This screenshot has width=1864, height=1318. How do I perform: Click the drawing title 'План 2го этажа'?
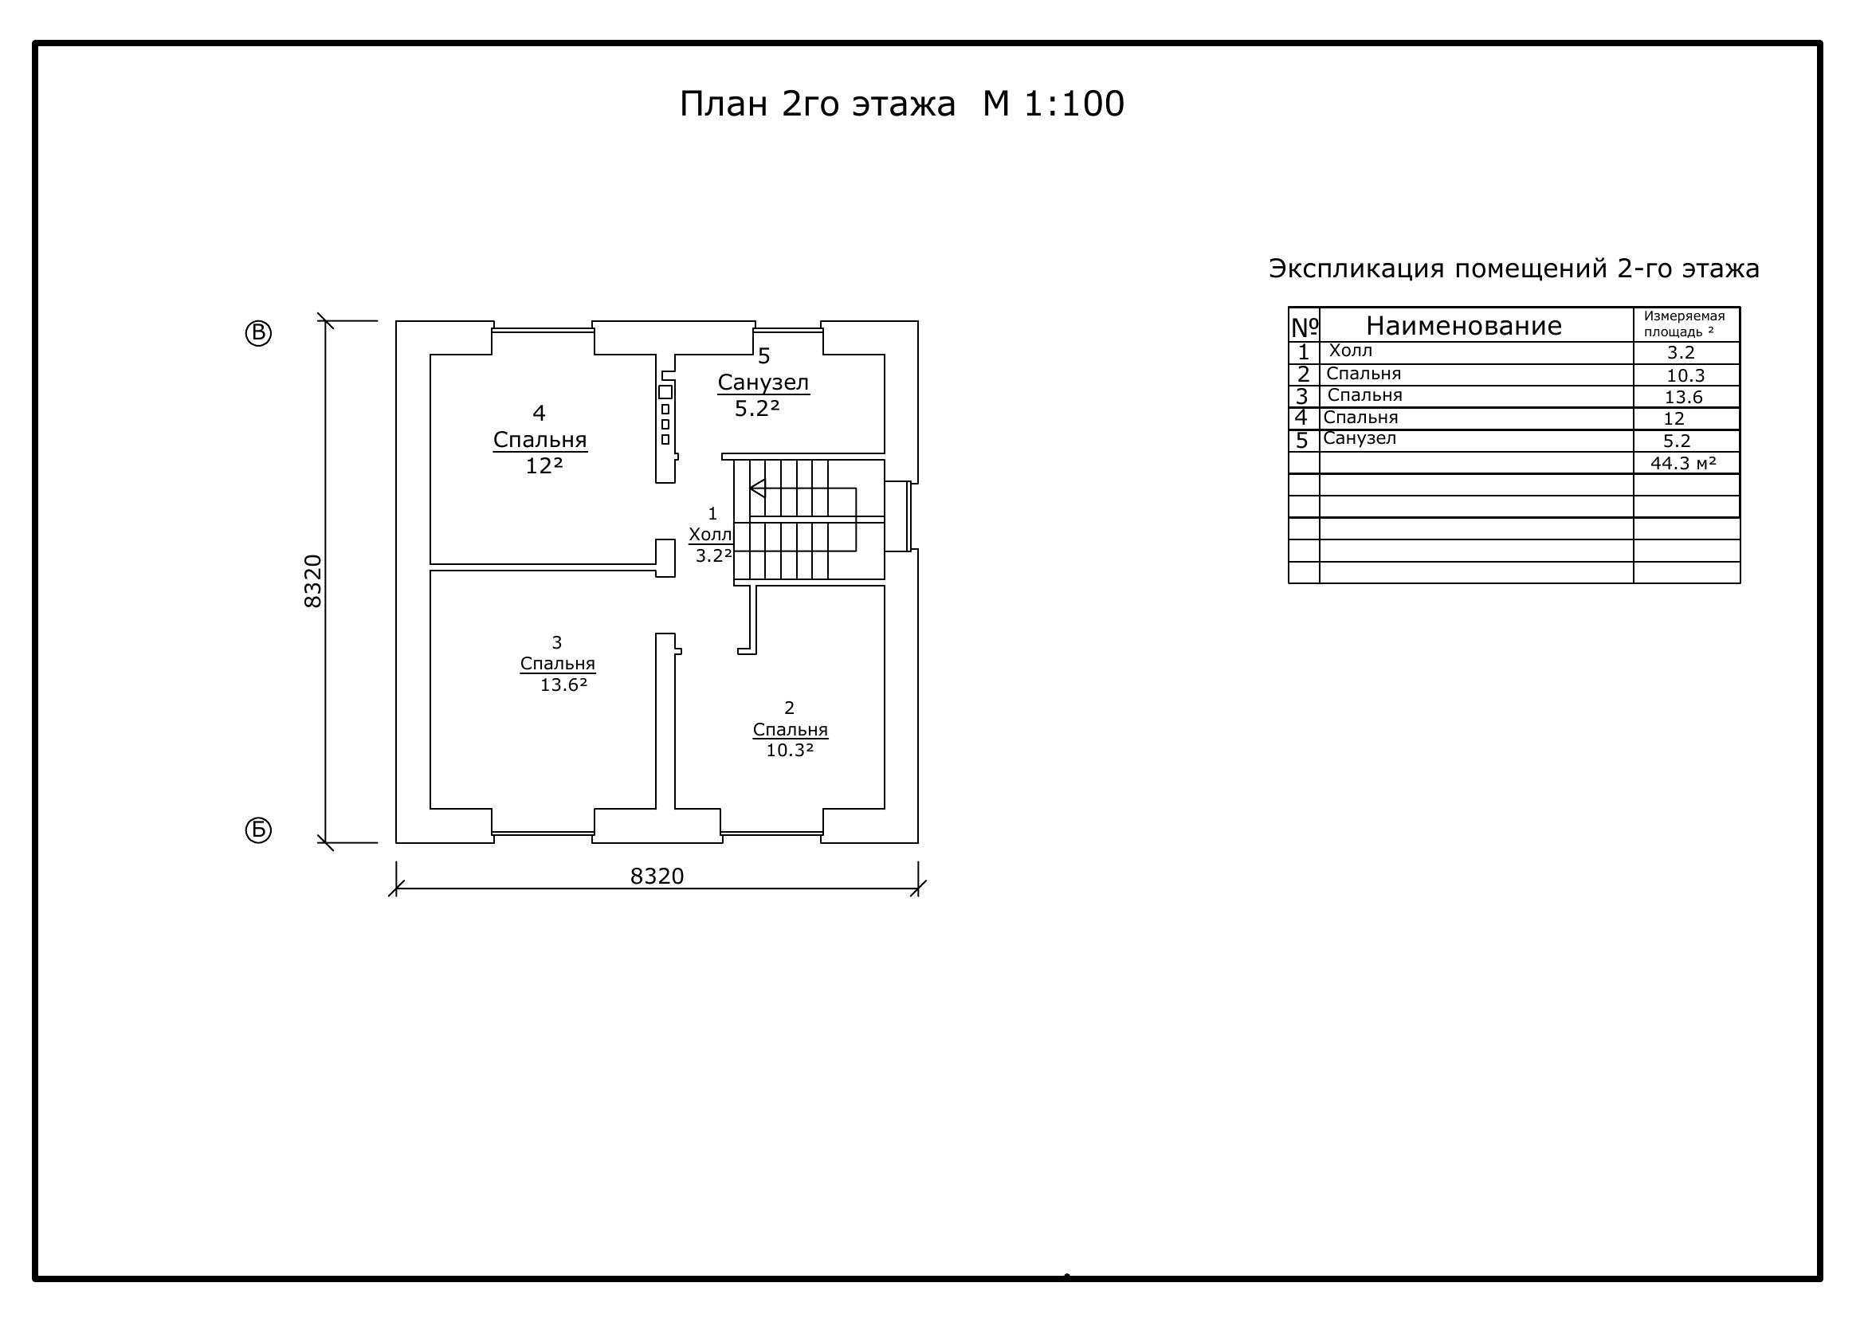tap(817, 104)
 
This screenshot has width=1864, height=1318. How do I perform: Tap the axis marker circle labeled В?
tap(258, 334)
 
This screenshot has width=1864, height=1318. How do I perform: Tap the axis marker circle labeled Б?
tap(258, 830)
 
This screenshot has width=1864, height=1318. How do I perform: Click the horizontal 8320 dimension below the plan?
tap(657, 877)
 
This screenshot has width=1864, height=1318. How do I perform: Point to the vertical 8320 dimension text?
tap(312, 581)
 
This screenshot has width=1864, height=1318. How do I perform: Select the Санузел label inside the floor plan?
tap(763, 382)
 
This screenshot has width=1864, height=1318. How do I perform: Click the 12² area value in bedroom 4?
tap(544, 466)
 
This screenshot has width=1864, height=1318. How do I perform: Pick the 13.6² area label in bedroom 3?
tap(563, 685)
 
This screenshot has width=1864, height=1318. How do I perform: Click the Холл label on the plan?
tap(710, 535)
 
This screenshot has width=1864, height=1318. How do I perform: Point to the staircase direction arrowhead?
tap(757, 488)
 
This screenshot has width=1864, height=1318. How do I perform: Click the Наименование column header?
tap(1464, 326)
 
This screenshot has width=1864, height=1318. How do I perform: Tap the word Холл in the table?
tap(1351, 351)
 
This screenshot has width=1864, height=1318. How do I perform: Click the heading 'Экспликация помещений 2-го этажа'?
tap(1514, 269)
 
